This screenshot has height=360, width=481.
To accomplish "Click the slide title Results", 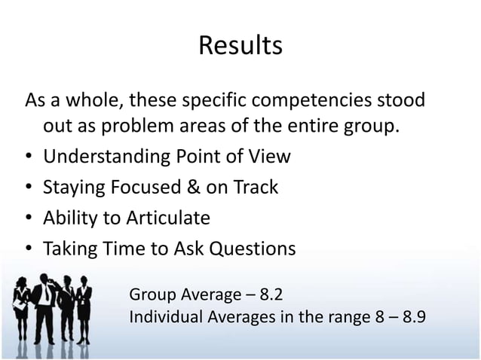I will pyautogui.click(x=240, y=46).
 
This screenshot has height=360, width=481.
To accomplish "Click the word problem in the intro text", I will pyautogui.click(x=143, y=127).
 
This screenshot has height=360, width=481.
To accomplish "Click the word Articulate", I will pyautogui.click(x=170, y=218).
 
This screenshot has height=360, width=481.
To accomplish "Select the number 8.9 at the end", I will pyautogui.click(x=413, y=316).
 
